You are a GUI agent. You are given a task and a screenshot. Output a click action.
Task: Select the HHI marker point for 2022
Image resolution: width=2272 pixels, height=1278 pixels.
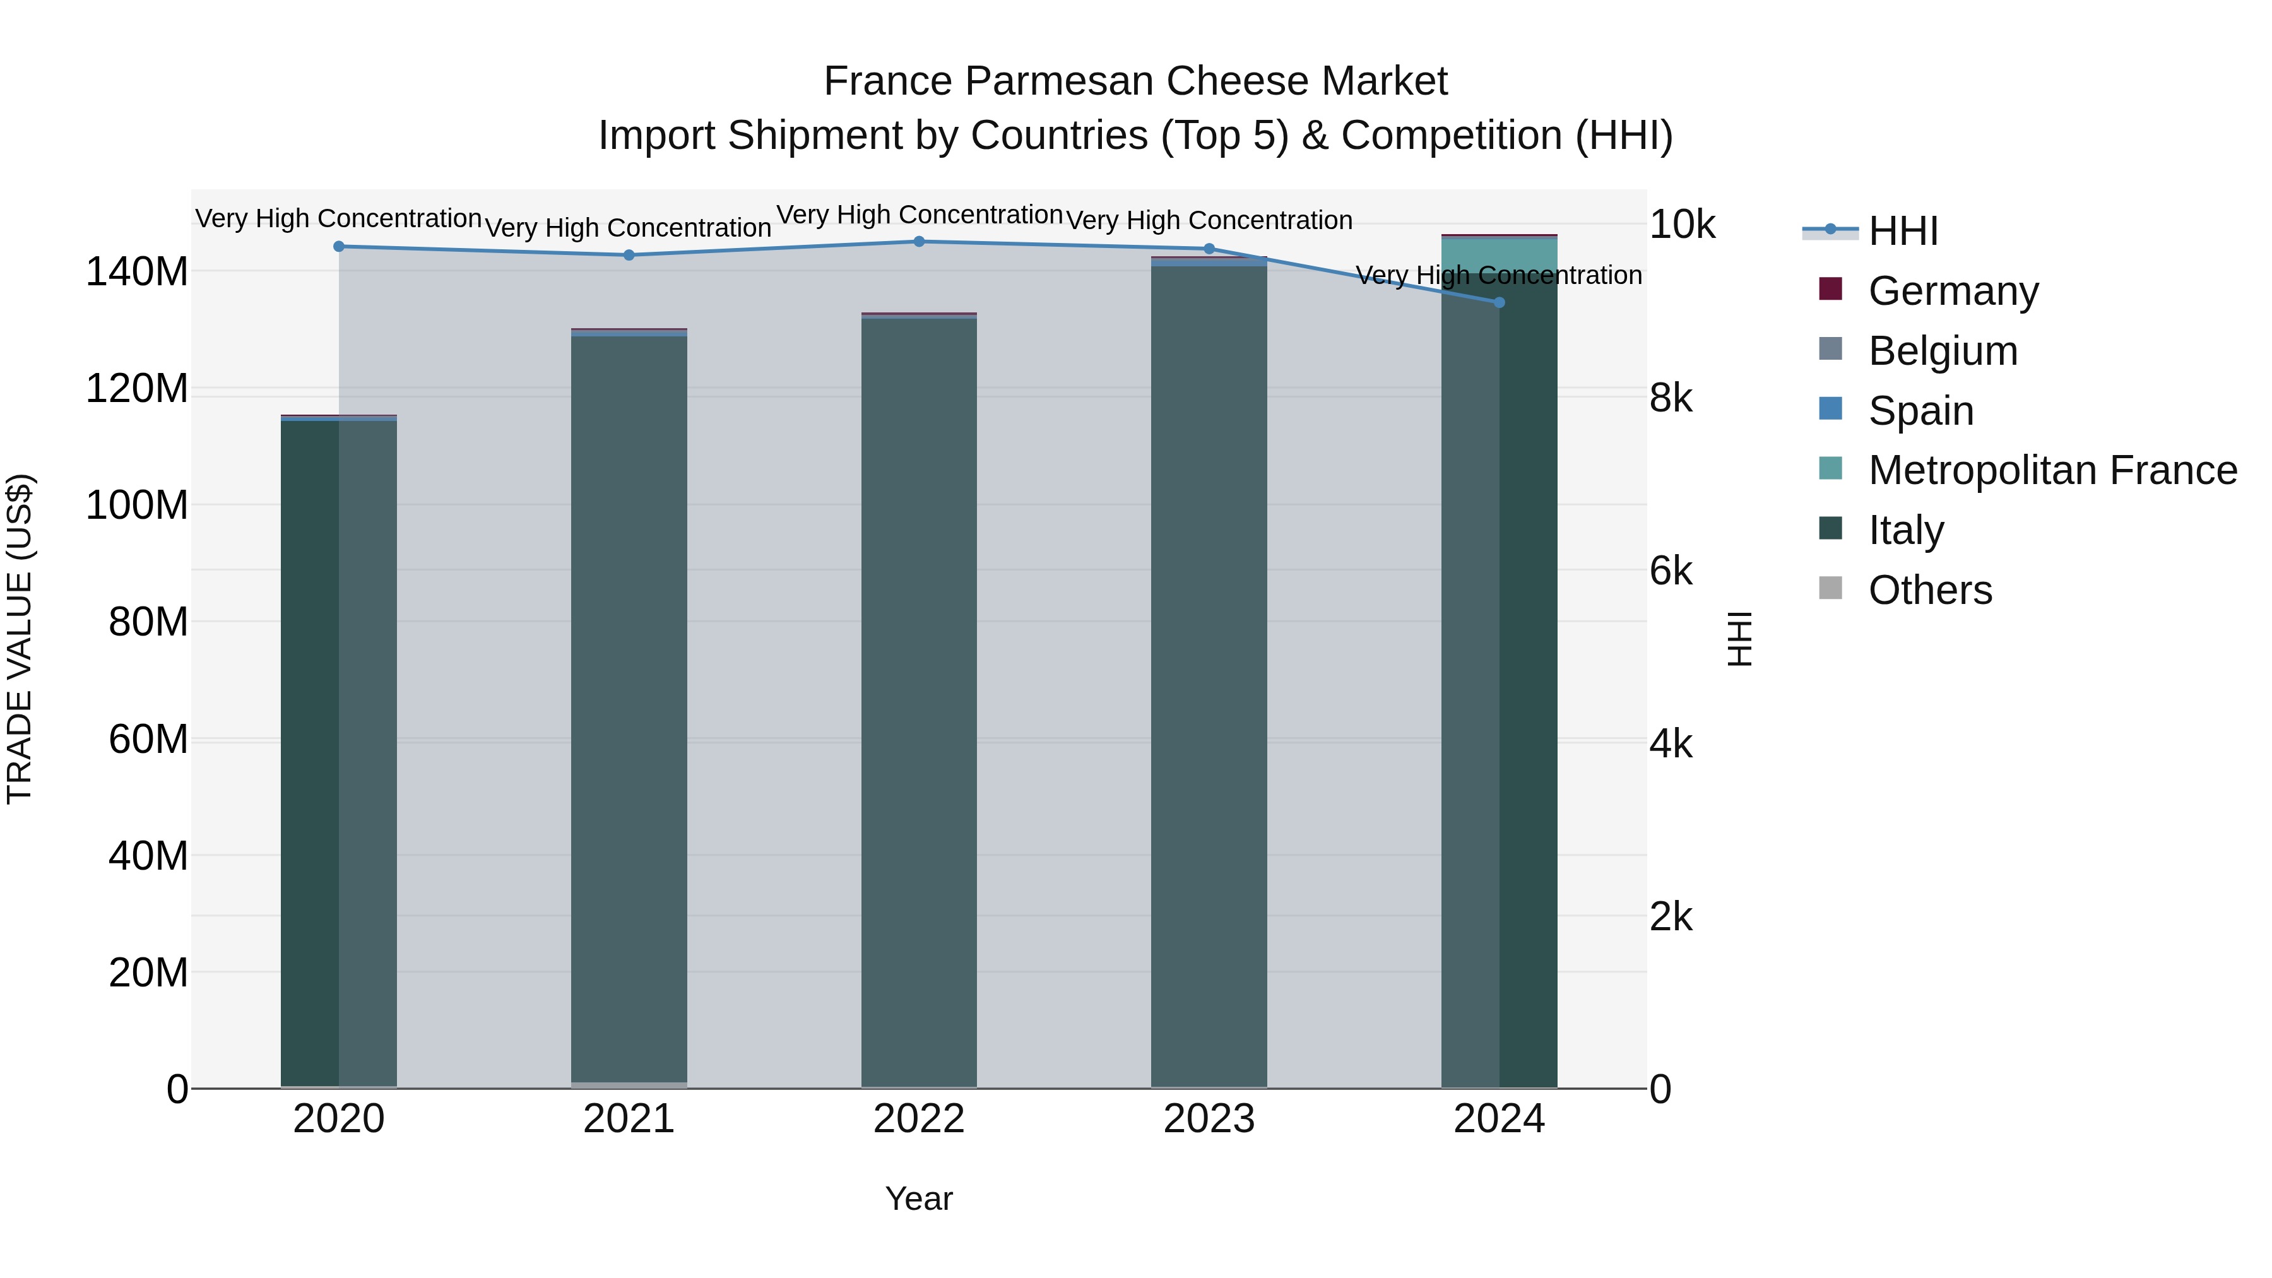tap(918, 242)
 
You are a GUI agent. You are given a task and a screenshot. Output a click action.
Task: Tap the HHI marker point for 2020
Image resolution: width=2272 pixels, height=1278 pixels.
tap(339, 246)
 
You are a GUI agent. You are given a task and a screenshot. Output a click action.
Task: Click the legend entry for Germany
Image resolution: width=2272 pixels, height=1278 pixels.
tap(1953, 291)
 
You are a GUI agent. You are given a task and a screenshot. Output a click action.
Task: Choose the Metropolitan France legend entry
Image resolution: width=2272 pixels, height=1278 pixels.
tap(2052, 470)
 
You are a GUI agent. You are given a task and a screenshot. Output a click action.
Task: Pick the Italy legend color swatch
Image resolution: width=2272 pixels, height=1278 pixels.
tap(1830, 528)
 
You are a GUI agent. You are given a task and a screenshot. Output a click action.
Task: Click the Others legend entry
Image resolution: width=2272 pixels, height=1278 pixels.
tap(1930, 590)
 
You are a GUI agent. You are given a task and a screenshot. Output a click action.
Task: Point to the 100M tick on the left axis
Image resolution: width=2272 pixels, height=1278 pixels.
tap(137, 506)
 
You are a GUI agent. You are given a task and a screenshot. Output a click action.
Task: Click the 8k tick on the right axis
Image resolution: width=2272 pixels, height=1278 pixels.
tap(1671, 399)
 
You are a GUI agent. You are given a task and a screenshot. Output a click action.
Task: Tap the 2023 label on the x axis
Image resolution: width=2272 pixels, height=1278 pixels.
tap(1209, 1119)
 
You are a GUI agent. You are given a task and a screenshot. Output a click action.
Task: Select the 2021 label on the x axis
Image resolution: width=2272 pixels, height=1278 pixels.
tap(629, 1119)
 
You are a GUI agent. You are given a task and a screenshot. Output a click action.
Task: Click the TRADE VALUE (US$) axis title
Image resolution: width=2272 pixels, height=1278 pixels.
tap(20, 639)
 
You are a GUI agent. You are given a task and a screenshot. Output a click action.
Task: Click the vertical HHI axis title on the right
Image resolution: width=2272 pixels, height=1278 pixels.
tap(1739, 639)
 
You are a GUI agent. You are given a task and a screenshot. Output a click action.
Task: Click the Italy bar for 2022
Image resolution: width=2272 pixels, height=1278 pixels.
tap(918, 706)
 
